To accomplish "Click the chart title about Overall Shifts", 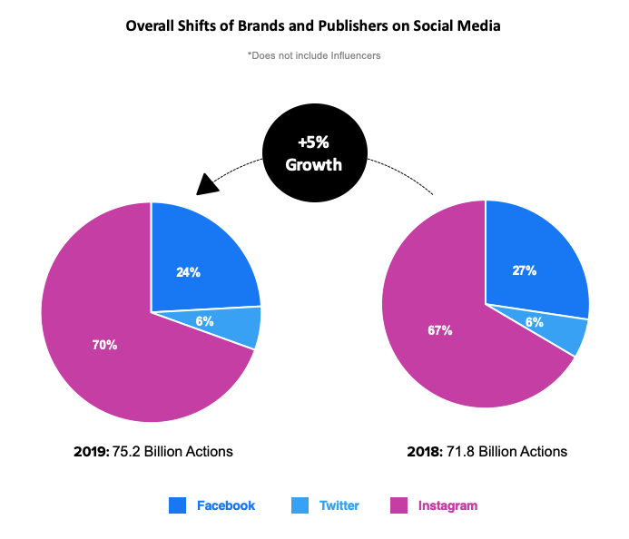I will [313, 26].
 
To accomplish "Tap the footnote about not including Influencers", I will [313, 55].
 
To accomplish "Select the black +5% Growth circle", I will [314, 155].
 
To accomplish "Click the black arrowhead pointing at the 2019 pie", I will [209, 183].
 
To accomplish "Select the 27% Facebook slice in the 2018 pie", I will [531, 263].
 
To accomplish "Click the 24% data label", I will [189, 271].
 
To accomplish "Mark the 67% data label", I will [440, 329].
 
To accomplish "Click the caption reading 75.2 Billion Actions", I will [153, 451].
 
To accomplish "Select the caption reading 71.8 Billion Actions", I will [488, 451].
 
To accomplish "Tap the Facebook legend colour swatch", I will [178, 505].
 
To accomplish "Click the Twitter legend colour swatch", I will [300, 505].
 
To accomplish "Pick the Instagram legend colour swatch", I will [398, 505].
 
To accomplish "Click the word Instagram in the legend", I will [447, 505].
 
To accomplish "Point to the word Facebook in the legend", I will [226, 505].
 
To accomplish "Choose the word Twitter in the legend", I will [339, 505].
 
